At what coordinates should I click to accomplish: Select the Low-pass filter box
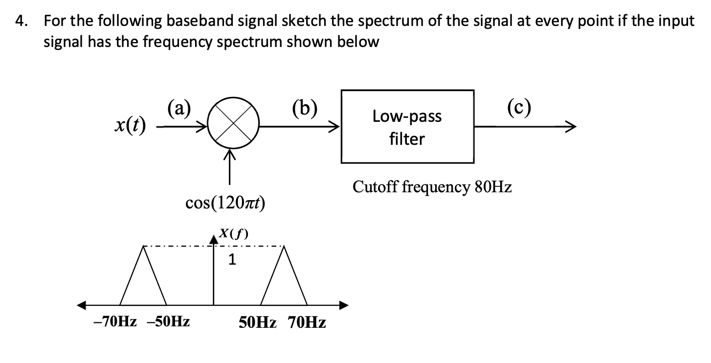pos(407,127)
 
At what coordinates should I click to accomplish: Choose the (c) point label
pos(519,106)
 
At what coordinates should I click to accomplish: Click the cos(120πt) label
pos(225,203)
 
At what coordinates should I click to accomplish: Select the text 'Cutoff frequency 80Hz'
pos(432,187)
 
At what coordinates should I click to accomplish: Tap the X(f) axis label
pos(233,233)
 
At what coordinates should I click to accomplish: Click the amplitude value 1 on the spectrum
pos(232,260)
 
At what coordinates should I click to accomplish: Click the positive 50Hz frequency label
pos(258,323)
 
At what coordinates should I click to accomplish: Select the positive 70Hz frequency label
pos(307,323)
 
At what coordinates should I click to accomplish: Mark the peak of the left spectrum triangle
pos(143,247)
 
